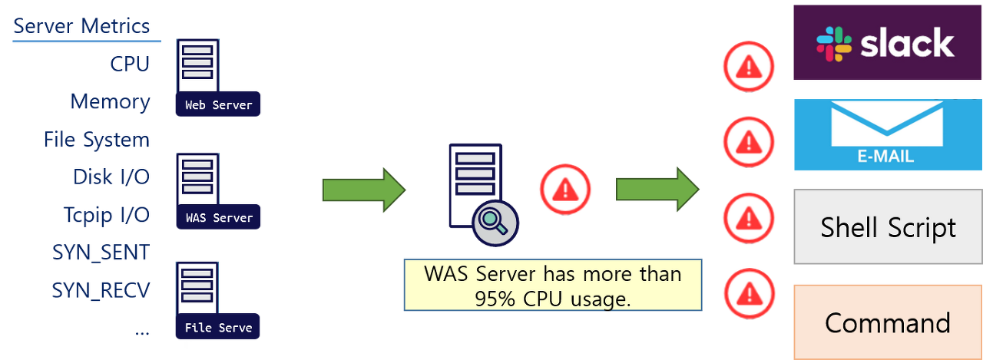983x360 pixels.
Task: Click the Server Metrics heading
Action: (x=81, y=26)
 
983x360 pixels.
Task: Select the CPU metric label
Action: (x=129, y=64)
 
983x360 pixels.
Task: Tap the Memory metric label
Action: (x=110, y=101)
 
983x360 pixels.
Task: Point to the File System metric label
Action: (x=97, y=140)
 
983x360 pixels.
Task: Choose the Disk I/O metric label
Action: (x=111, y=177)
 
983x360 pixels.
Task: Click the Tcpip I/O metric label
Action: (x=106, y=215)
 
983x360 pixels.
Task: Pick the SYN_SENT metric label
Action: (x=100, y=252)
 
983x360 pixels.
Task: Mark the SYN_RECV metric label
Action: (x=100, y=290)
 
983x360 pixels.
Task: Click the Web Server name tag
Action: (x=219, y=105)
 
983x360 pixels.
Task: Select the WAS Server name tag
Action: (x=219, y=218)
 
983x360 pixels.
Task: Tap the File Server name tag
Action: (x=219, y=328)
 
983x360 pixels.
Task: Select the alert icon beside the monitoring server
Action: (x=564, y=189)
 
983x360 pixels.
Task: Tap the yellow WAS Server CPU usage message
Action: (x=552, y=285)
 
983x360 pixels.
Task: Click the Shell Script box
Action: (x=888, y=228)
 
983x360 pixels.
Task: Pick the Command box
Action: (x=888, y=322)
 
